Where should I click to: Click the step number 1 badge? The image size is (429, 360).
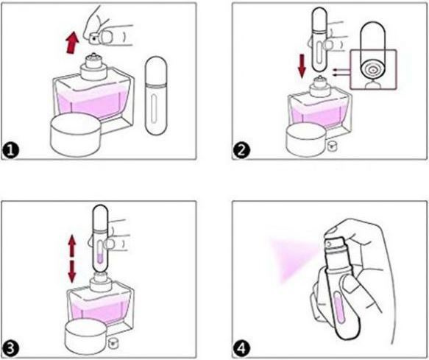point(11,151)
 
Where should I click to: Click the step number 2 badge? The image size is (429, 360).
point(241,151)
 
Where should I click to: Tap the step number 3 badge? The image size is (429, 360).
point(11,350)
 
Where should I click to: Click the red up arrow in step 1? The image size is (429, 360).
point(72,43)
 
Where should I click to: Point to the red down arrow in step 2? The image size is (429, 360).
point(302,66)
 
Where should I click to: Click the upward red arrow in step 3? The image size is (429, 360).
point(71,245)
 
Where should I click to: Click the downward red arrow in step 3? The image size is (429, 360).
point(71,272)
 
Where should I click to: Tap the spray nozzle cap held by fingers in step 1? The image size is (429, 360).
point(93,38)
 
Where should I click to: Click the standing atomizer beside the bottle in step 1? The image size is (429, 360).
point(156,96)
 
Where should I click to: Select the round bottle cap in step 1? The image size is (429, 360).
point(76,135)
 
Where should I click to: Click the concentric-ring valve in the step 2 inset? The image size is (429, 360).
point(372,70)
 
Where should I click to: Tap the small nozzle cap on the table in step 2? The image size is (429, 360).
point(332,146)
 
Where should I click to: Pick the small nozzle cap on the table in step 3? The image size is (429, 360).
point(113,343)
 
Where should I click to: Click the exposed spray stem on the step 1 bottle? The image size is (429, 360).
point(93,55)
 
